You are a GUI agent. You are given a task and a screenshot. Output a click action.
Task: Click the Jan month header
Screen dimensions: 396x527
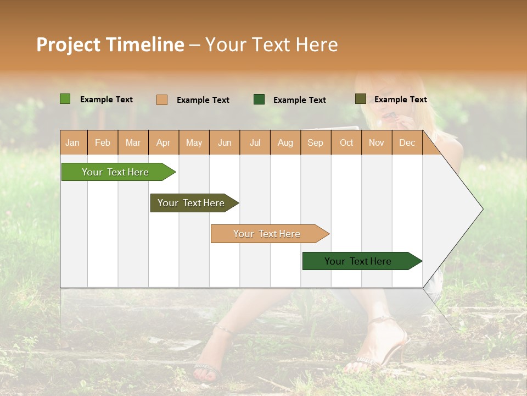72,142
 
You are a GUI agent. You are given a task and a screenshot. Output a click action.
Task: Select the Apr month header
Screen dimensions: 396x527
164,142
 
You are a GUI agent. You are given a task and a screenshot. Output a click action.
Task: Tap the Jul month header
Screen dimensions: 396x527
255,142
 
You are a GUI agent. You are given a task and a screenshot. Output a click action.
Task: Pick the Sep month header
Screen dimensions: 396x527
315,142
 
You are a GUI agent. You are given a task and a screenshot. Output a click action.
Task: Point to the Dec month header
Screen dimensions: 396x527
407,142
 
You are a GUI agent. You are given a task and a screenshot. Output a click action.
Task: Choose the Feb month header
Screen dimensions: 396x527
103,142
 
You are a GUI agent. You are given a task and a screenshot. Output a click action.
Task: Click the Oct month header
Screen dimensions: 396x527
346,142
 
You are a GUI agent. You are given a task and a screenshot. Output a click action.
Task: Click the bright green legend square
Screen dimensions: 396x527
65,99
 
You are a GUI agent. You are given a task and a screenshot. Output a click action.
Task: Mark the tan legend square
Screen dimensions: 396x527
162,100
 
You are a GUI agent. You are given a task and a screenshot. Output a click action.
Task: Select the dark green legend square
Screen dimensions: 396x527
259,100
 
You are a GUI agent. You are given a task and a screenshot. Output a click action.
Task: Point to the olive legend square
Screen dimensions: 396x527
360,99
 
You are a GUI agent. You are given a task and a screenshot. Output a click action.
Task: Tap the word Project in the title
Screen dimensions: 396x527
68,45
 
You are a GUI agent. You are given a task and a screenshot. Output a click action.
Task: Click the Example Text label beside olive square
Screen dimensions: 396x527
400,99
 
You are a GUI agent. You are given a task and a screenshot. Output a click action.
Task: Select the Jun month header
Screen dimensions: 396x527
225,142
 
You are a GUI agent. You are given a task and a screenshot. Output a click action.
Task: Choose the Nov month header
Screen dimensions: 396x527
377,142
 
